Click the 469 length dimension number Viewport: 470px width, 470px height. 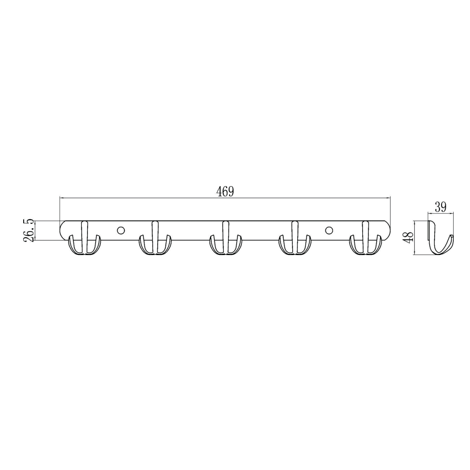[225, 191]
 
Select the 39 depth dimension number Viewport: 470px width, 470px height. [440, 207]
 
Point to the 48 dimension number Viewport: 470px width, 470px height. [408, 238]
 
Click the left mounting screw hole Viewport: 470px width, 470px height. [121, 231]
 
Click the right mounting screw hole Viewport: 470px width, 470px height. [329, 231]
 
